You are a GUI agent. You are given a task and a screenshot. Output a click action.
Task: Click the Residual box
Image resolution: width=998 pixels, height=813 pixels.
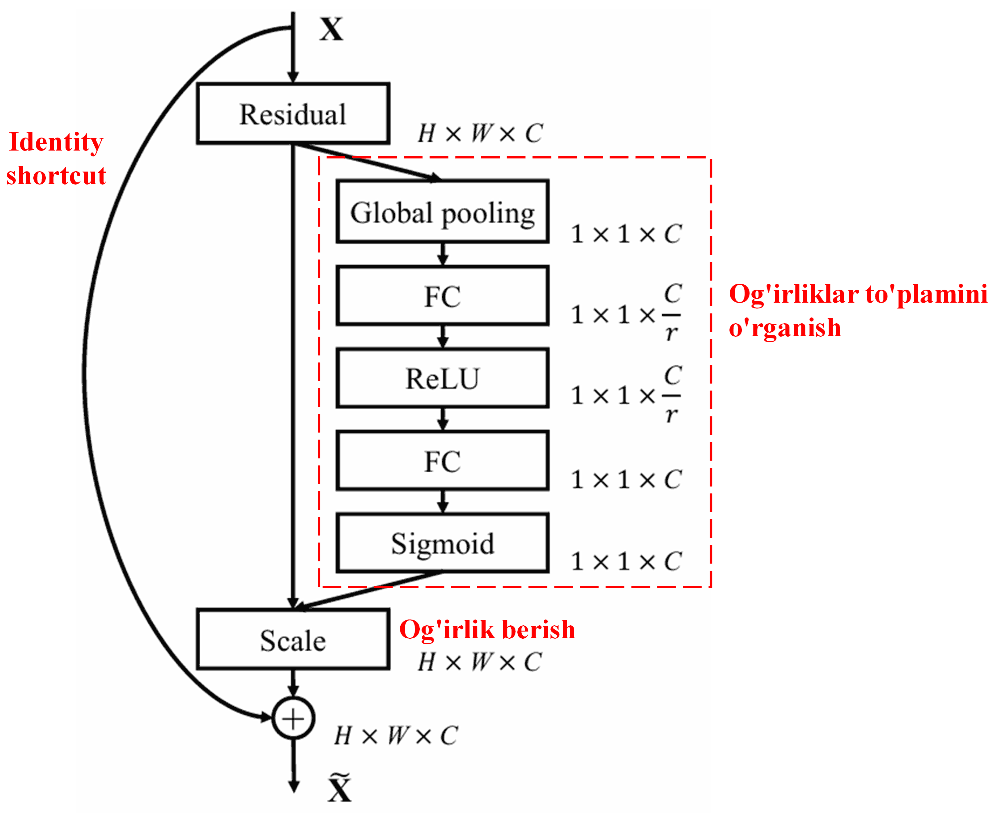[x=293, y=114]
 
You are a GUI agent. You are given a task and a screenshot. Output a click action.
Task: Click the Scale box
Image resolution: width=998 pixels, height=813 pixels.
[x=293, y=640]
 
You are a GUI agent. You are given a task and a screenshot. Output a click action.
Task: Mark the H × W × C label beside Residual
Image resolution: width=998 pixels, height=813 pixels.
[x=480, y=133]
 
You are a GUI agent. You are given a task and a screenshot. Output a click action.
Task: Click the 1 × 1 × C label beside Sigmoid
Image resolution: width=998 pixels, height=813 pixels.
[x=626, y=561]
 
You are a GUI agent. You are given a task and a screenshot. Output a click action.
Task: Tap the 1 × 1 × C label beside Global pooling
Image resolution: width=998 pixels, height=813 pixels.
[x=626, y=234]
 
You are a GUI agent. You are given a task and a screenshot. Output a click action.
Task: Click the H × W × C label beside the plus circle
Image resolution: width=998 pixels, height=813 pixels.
[x=396, y=735]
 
